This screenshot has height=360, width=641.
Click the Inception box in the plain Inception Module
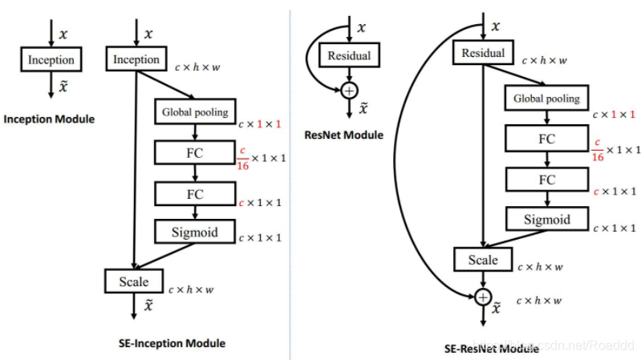(51, 59)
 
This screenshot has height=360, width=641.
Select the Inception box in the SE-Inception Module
(136, 59)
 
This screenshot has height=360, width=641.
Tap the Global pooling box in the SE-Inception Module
(195, 112)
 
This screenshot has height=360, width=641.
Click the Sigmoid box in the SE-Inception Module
(195, 233)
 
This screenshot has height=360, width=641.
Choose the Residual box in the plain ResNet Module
(348, 56)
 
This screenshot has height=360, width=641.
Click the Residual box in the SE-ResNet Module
(484, 54)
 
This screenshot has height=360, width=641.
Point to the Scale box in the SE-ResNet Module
(483, 260)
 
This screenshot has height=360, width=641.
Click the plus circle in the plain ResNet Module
(348, 91)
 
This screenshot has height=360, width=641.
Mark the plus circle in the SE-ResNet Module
(483, 297)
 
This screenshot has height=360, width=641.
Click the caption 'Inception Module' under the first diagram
(49, 119)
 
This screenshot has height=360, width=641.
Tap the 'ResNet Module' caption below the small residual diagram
(348, 135)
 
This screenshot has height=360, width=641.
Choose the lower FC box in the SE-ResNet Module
(546, 180)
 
